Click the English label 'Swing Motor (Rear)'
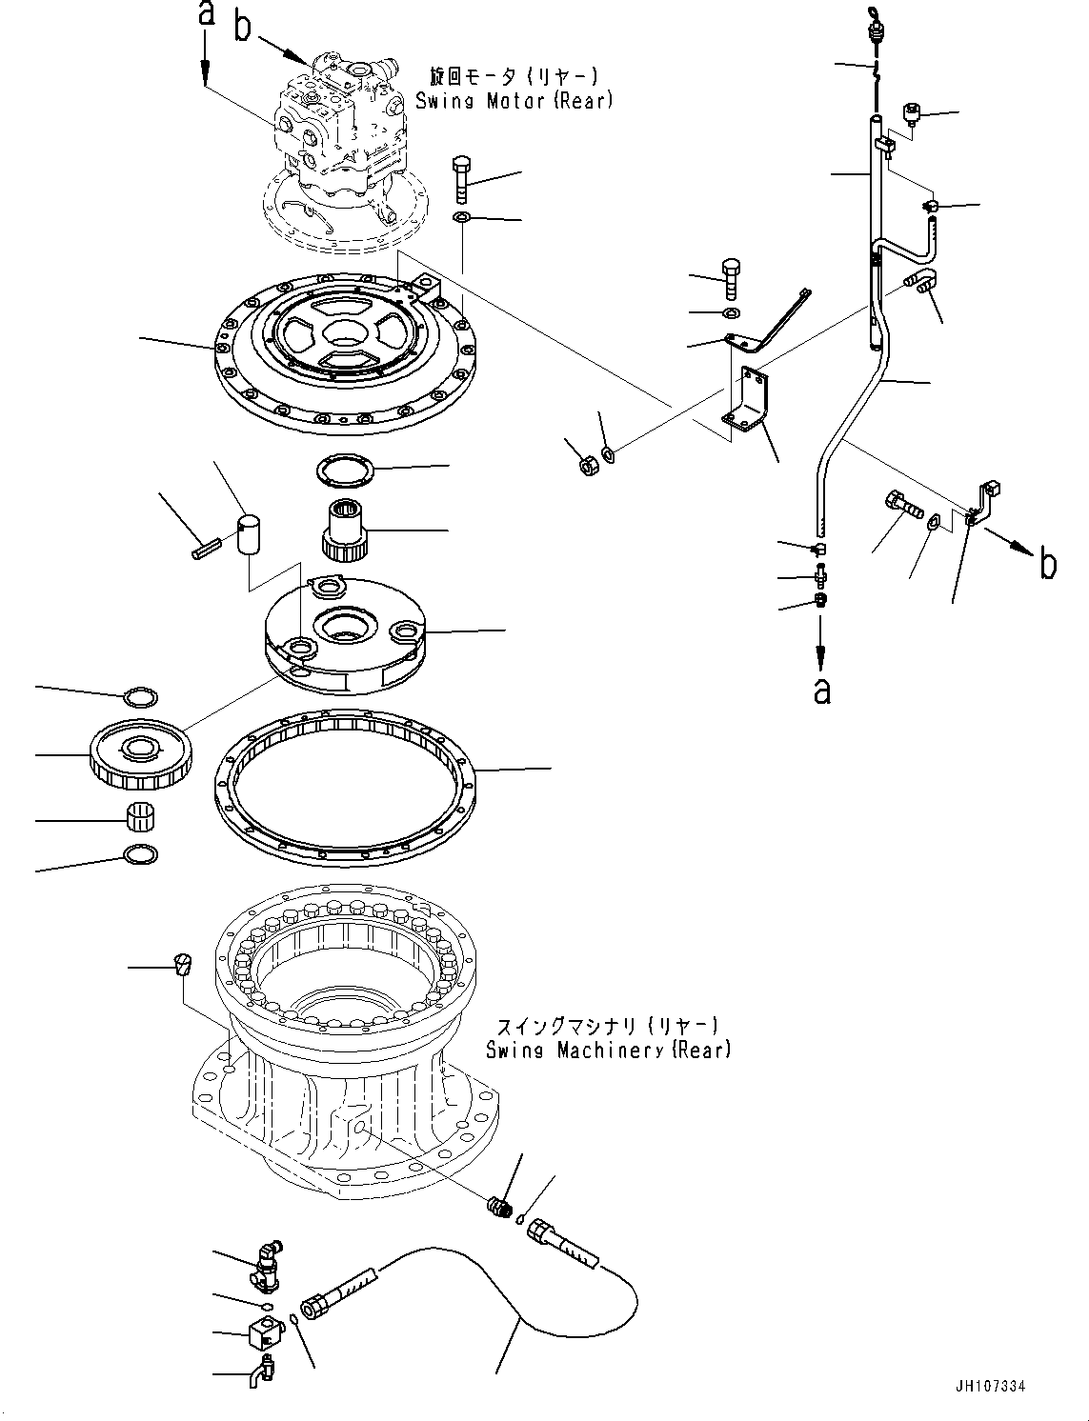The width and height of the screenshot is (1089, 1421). [515, 100]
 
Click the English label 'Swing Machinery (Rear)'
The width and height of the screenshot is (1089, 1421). [608, 1050]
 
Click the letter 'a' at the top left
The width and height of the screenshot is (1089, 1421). [205, 14]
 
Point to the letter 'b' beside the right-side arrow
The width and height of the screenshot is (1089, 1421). [1048, 565]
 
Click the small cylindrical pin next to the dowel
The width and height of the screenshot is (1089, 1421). [207, 549]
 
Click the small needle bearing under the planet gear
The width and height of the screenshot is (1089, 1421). [141, 817]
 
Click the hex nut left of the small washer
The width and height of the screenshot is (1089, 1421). [589, 465]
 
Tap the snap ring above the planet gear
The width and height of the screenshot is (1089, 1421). [141, 696]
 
